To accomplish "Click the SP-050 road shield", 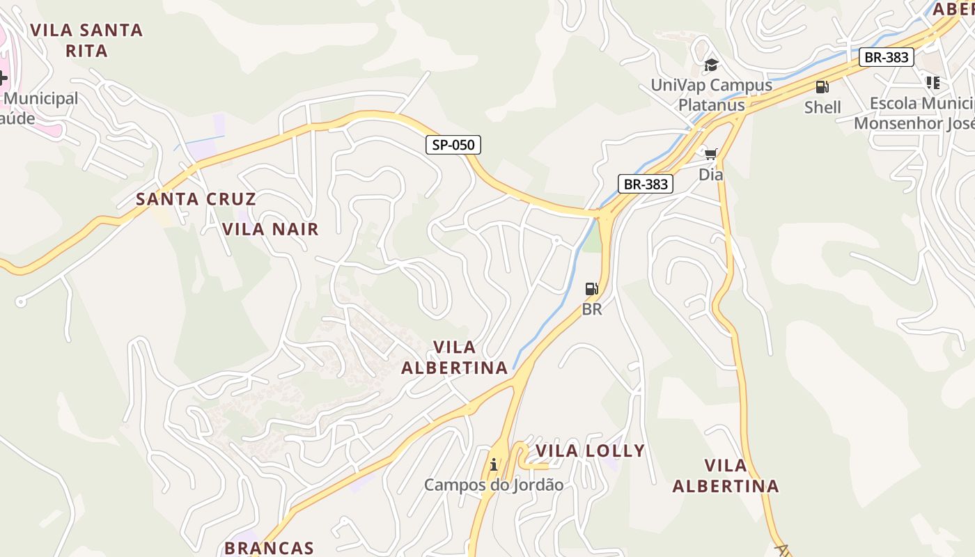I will (x=453, y=145).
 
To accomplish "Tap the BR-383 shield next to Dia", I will (x=646, y=184).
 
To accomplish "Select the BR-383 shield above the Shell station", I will (x=886, y=57).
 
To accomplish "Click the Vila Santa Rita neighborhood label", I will (x=87, y=40).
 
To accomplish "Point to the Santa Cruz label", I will (x=196, y=199).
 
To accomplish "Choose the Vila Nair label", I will (x=270, y=229).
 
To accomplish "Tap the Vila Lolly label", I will (x=590, y=451).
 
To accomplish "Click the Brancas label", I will (x=270, y=548).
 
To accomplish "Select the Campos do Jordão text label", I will (x=494, y=485).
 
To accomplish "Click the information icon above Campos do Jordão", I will (x=494, y=464).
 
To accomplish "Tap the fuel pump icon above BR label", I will (x=591, y=289).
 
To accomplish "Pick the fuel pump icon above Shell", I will (x=822, y=87).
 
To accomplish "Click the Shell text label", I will (x=822, y=107).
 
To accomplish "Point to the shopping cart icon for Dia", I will (x=710, y=154).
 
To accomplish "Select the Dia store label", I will (x=710, y=175).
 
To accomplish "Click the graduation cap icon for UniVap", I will (x=710, y=65).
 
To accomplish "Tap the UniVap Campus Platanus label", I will (x=711, y=95).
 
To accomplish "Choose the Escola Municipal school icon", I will (x=933, y=83).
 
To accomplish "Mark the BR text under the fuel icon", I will (x=591, y=309).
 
